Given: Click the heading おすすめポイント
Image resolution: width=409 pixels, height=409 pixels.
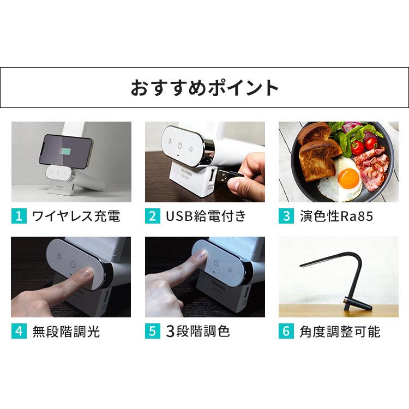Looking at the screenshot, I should (204, 88).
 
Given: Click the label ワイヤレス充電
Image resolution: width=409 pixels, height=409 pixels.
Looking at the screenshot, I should (76, 216).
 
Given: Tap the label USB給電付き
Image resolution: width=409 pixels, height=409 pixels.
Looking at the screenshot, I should (206, 216).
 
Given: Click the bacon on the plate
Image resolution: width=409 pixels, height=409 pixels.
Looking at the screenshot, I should (374, 172).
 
